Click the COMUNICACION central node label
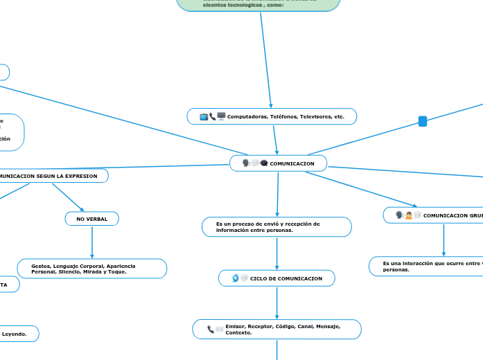click(292, 163)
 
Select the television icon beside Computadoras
click(204, 117)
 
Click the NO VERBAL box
click(92, 219)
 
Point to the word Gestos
click(41, 266)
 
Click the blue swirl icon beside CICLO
click(236, 278)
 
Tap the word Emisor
click(236, 325)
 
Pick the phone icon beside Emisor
click(211, 329)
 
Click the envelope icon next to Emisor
click(220, 330)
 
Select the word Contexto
click(238, 333)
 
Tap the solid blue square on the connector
click(423, 122)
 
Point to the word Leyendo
click(15, 334)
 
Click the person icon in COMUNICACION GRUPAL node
click(409, 215)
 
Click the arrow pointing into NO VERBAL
click(82, 209)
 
